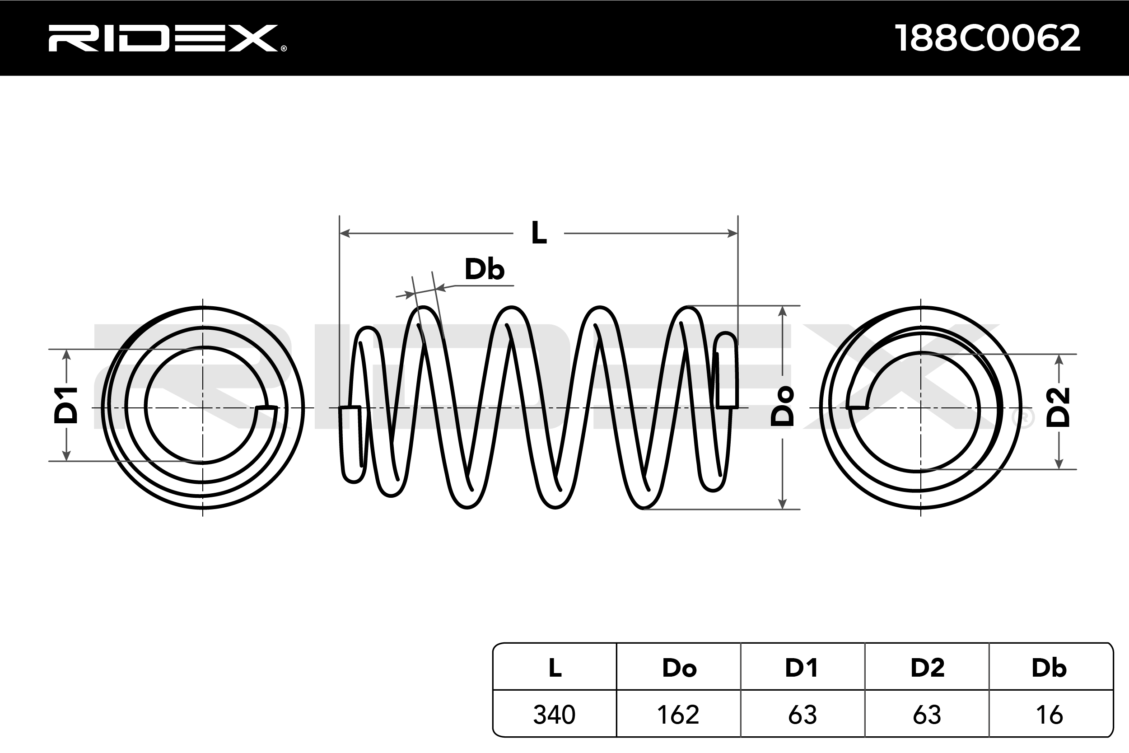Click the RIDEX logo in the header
click(166, 38)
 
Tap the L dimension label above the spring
click(539, 234)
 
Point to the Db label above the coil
click(484, 269)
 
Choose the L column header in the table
click(555, 668)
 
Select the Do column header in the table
click(679, 668)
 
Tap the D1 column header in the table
click(801, 668)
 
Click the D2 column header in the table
click(927, 668)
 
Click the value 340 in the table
click(554, 715)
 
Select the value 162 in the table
click(678, 715)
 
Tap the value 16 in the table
click(1050, 715)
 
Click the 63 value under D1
click(802, 715)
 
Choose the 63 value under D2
click(927, 715)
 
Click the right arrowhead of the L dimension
click(732, 234)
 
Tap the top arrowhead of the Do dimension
click(783, 311)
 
